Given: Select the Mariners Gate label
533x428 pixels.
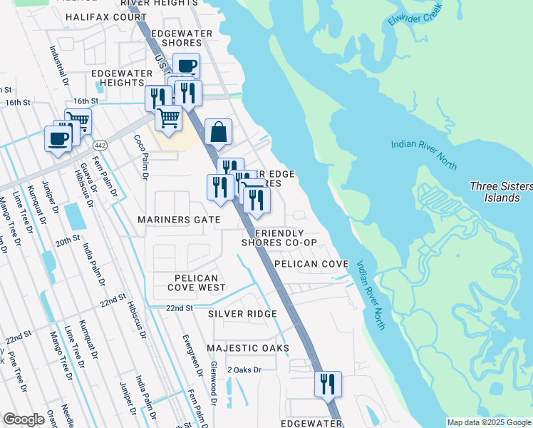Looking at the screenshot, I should pos(179,220).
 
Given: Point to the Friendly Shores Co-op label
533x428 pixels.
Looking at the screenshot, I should pos(279,238).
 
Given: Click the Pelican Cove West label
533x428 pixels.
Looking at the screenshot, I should pos(197,282).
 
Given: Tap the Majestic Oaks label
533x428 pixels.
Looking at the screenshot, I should pos(248,348).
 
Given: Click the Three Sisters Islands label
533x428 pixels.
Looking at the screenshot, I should pos(501,192).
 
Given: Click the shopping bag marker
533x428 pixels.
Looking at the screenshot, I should pos(219,133).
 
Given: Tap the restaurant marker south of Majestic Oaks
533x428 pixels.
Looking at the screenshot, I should pos(328,384).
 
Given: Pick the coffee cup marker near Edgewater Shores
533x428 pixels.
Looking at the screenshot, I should pos(187,66).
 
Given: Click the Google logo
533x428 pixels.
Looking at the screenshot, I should pos(24,419).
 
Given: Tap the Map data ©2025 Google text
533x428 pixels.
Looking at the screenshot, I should pos(488,422).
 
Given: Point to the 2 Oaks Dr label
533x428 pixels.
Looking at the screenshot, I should pos(245,370).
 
